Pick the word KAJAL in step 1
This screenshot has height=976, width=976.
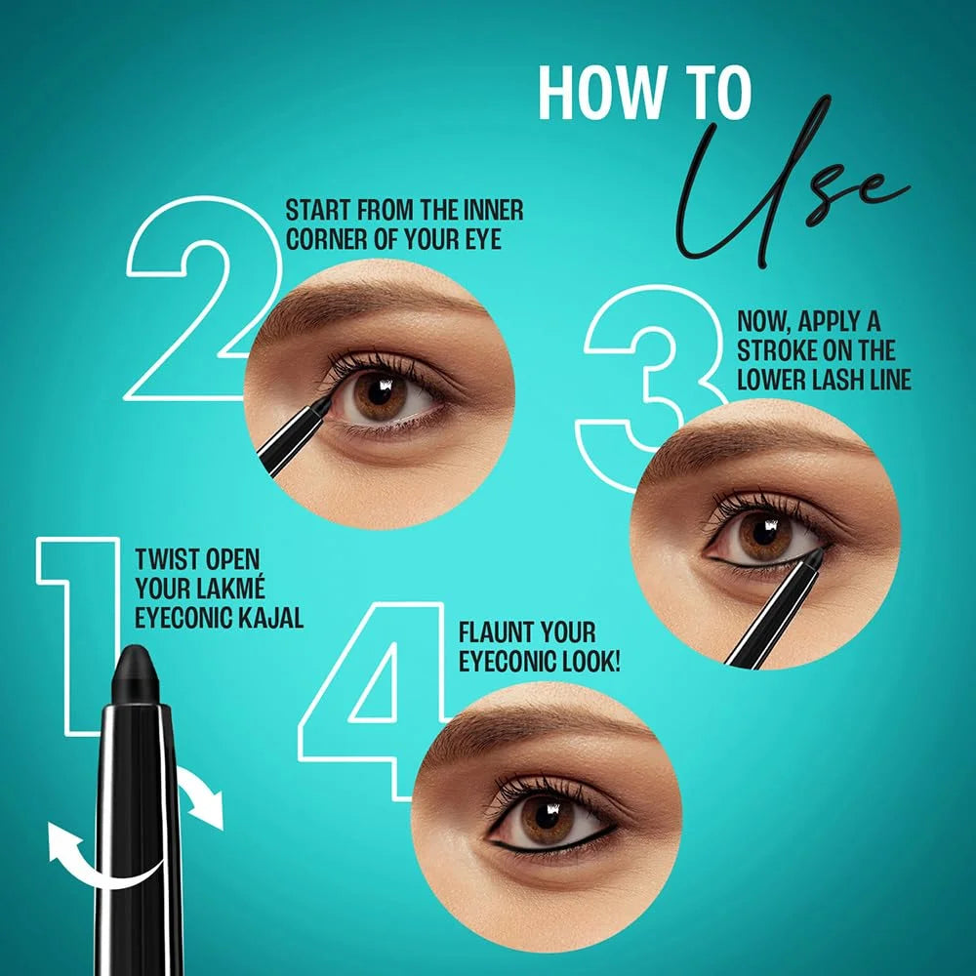[264, 617]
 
